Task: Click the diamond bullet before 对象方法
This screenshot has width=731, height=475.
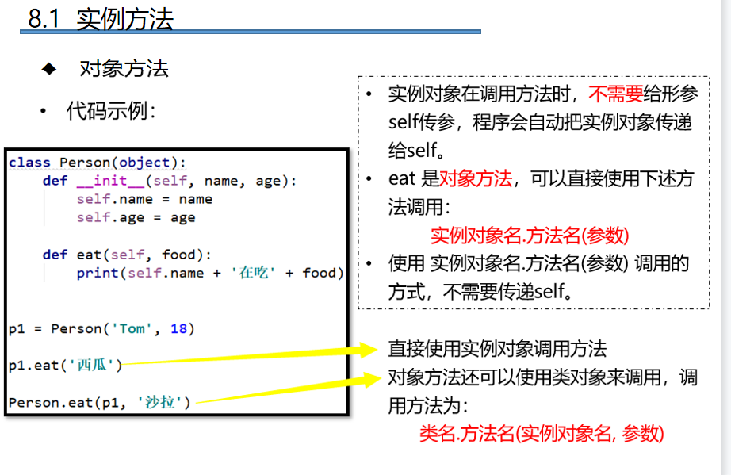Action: click(50, 69)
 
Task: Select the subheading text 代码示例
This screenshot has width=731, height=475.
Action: click(111, 111)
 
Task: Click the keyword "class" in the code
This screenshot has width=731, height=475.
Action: click(29, 163)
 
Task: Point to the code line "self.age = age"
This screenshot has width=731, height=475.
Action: click(136, 217)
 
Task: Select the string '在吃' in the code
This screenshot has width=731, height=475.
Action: click(253, 273)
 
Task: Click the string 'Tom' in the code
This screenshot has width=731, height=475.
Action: click(132, 328)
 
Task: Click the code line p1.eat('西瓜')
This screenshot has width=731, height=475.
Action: click(66, 366)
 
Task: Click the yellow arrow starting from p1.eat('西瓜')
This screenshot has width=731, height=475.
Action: click(254, 356)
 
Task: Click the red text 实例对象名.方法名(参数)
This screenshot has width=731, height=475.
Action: click(530, 236)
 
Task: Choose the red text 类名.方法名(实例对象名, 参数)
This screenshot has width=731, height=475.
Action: click(542, 433)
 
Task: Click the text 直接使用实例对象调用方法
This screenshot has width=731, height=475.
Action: click(497, 348)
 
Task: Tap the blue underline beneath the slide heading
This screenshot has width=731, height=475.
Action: click(251, 33)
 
